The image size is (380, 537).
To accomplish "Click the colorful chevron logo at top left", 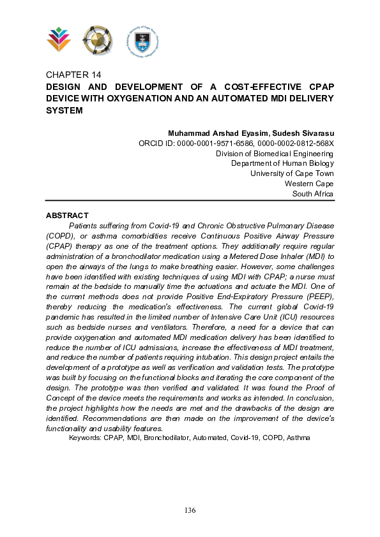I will (59, 40).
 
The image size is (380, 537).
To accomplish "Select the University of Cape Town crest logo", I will (141, 40).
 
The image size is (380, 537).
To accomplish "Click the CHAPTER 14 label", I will (73, 75).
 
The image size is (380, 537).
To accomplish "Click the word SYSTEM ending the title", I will (65, 110).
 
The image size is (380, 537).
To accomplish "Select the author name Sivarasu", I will (314, 133).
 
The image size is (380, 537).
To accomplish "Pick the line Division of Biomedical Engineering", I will (274, 154).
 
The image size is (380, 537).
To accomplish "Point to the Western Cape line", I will (309, 184).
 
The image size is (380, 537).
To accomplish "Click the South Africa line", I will (312, 194).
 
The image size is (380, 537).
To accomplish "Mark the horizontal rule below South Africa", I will (190, 201).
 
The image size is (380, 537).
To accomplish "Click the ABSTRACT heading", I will (67, 216).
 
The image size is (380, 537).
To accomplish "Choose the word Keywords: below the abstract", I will (85, 438).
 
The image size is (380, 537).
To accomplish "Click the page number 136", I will (190, 510).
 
